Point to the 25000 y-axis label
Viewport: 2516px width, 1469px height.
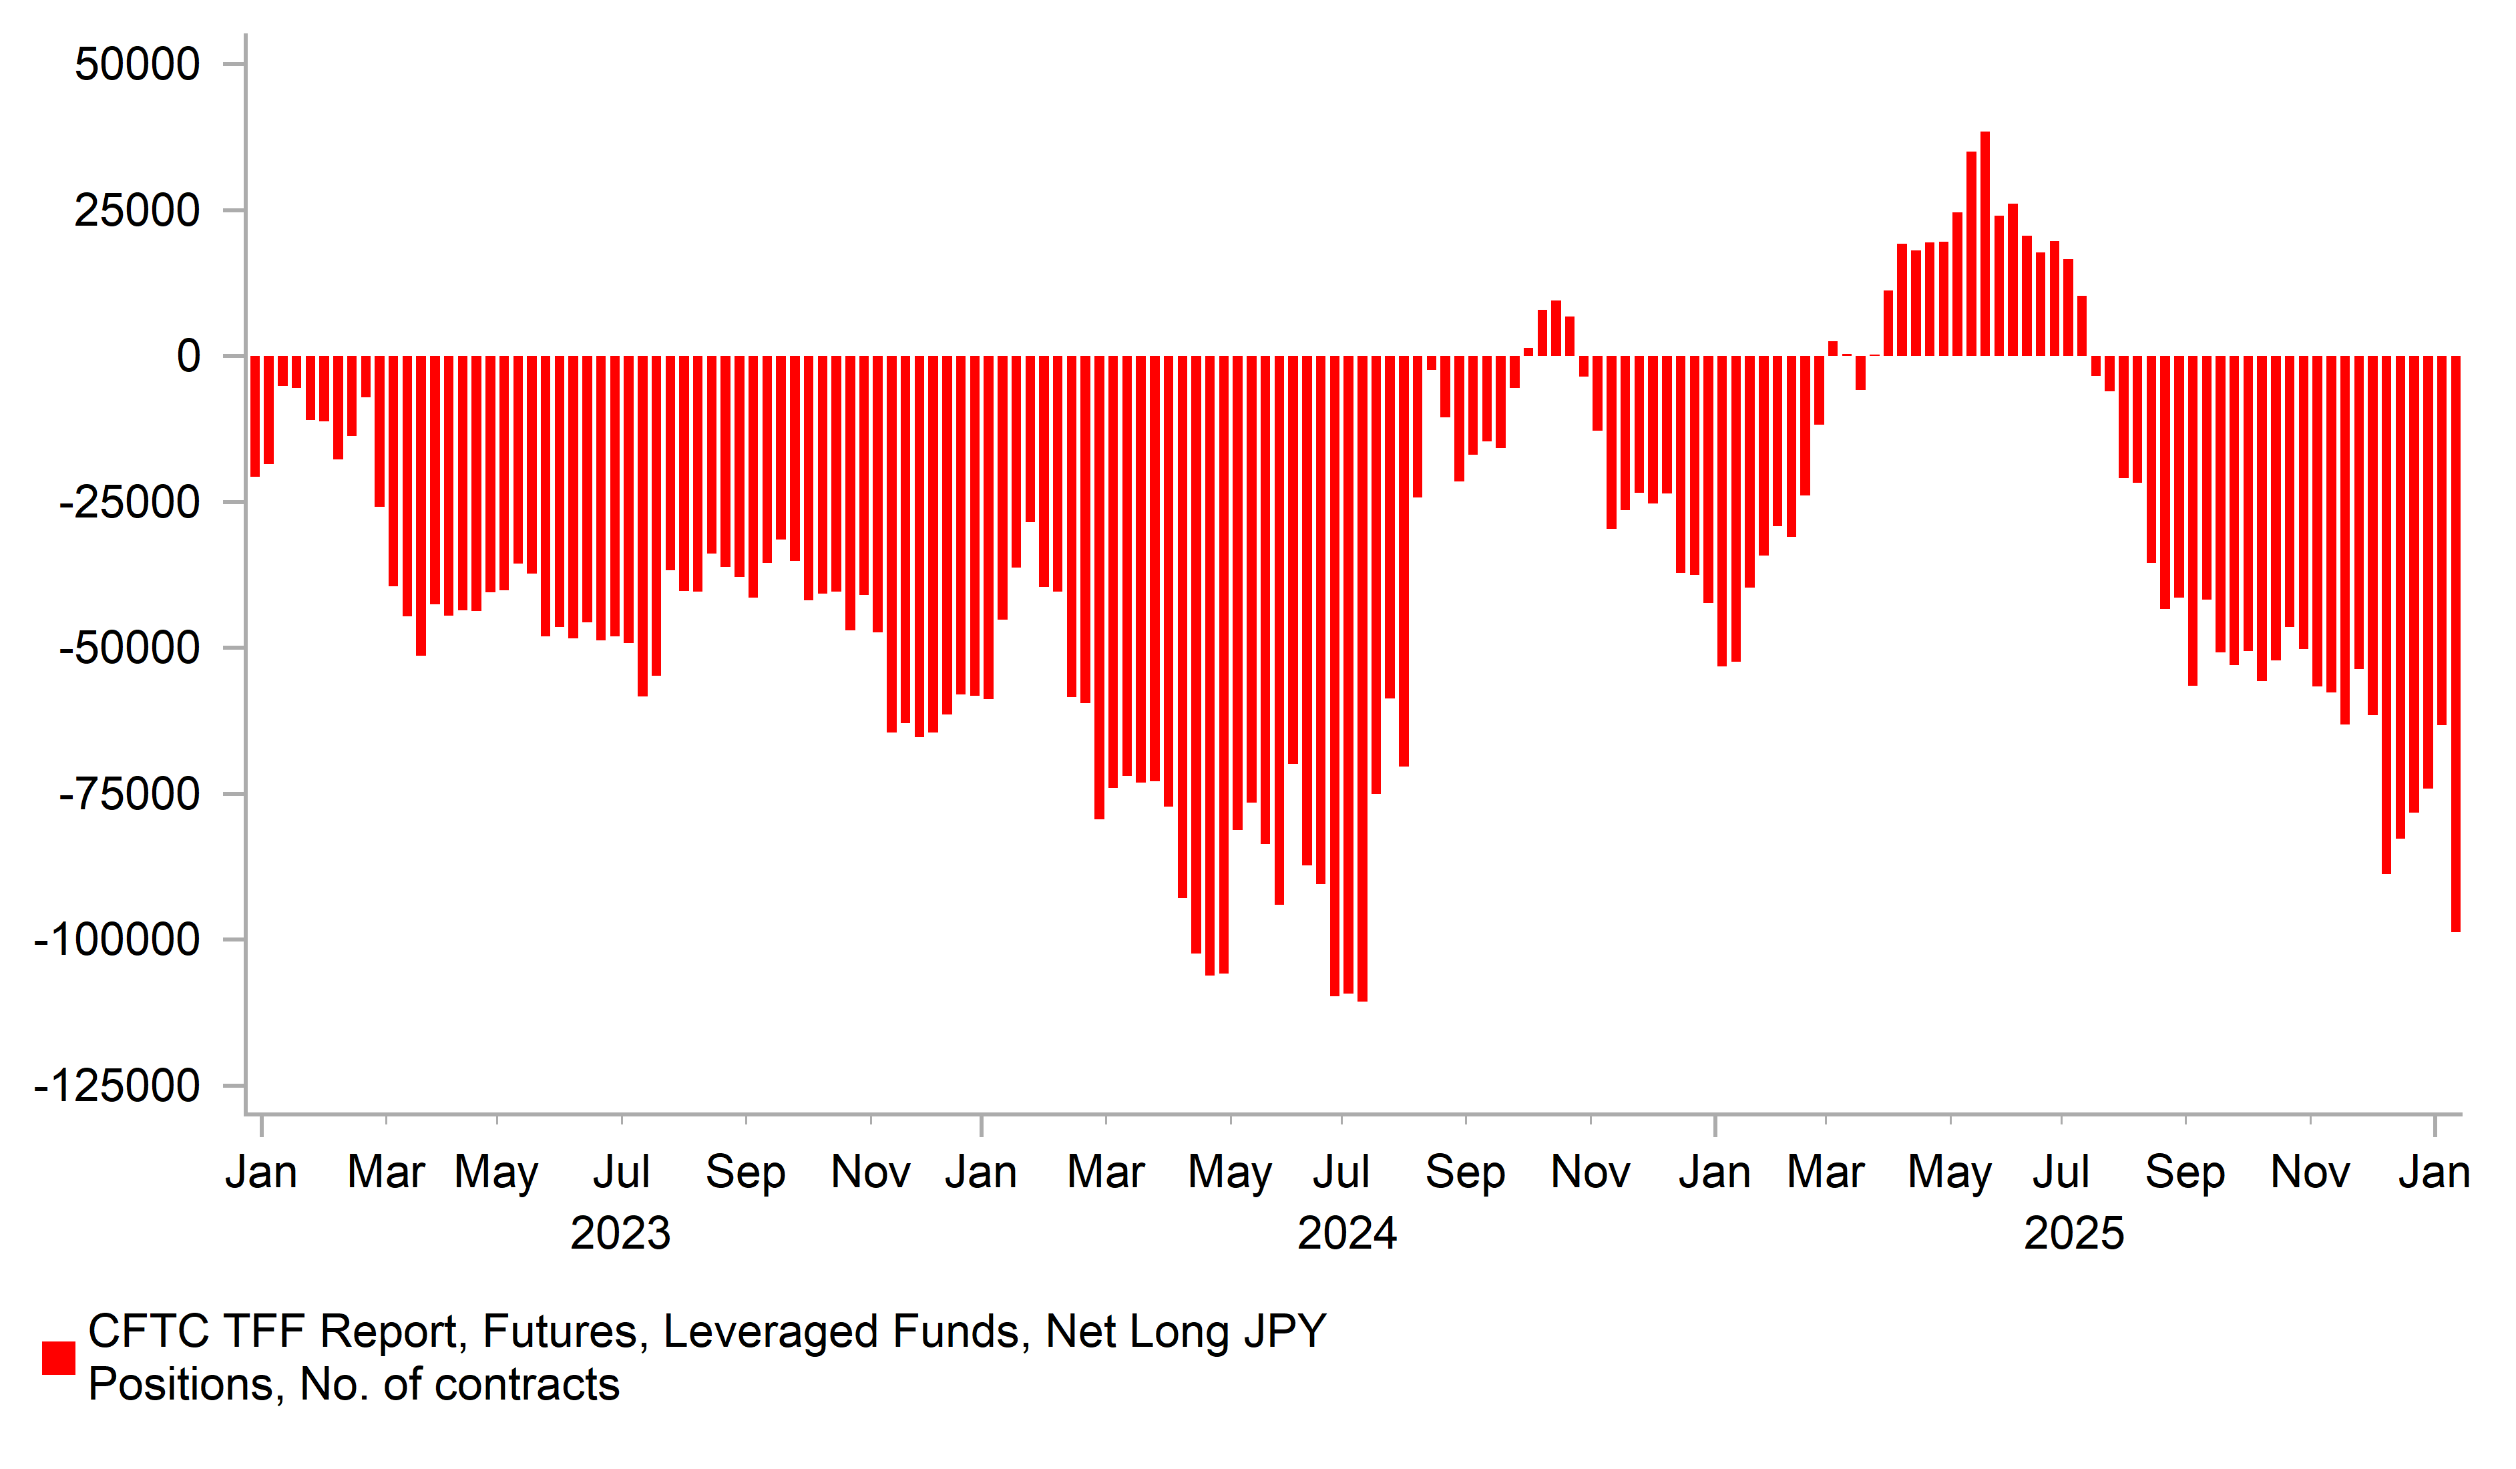pyautogui.click(x=137, y=211)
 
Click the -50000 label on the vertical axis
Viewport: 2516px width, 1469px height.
pyautogui.click(x=129, y=648)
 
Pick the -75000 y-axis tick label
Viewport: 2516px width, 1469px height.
pyautogui.click(x=129, y=795)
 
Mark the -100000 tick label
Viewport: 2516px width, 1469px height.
pyautogui.click(x=117, y=941)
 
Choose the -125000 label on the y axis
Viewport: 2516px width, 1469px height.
pyautogui.click(x=117, y=1086)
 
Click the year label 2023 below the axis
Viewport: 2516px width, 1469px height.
pyautogui.click(x=620, y=1235)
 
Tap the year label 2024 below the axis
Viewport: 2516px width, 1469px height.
pyautogui.click(x=1347, y=1235)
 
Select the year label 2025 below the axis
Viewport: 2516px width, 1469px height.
pyautogui.click(x=2074, y=1235)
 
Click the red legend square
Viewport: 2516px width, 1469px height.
pyautogui.click(x=59, y=1358)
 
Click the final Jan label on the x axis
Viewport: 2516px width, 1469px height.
pyautogui.click(x=2434, y=1173)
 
